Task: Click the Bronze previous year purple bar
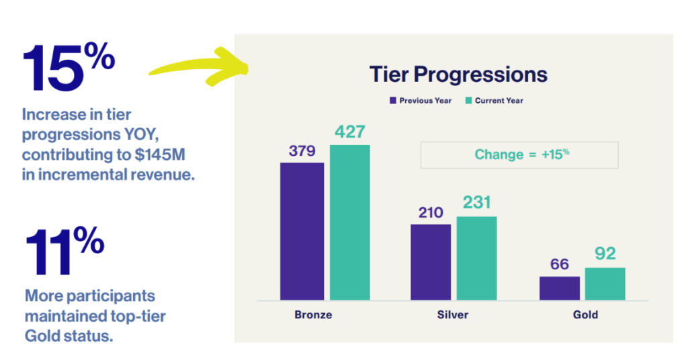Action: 302,232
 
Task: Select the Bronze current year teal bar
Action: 349,223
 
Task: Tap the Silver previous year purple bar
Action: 431,262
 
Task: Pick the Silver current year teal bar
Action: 476,259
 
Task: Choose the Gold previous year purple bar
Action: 560,289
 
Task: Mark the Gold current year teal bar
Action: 605,284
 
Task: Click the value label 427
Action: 349,132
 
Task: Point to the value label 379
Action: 302,151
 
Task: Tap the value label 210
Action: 431,213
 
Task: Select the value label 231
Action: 476,203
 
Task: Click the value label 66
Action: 560,265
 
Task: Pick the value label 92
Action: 605,253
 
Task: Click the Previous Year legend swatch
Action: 392,101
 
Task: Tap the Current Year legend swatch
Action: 468,101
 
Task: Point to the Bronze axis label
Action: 313,315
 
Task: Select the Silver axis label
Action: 453,315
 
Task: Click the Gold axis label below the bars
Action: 585,315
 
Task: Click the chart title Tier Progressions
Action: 458,75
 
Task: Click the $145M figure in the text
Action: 160,154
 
